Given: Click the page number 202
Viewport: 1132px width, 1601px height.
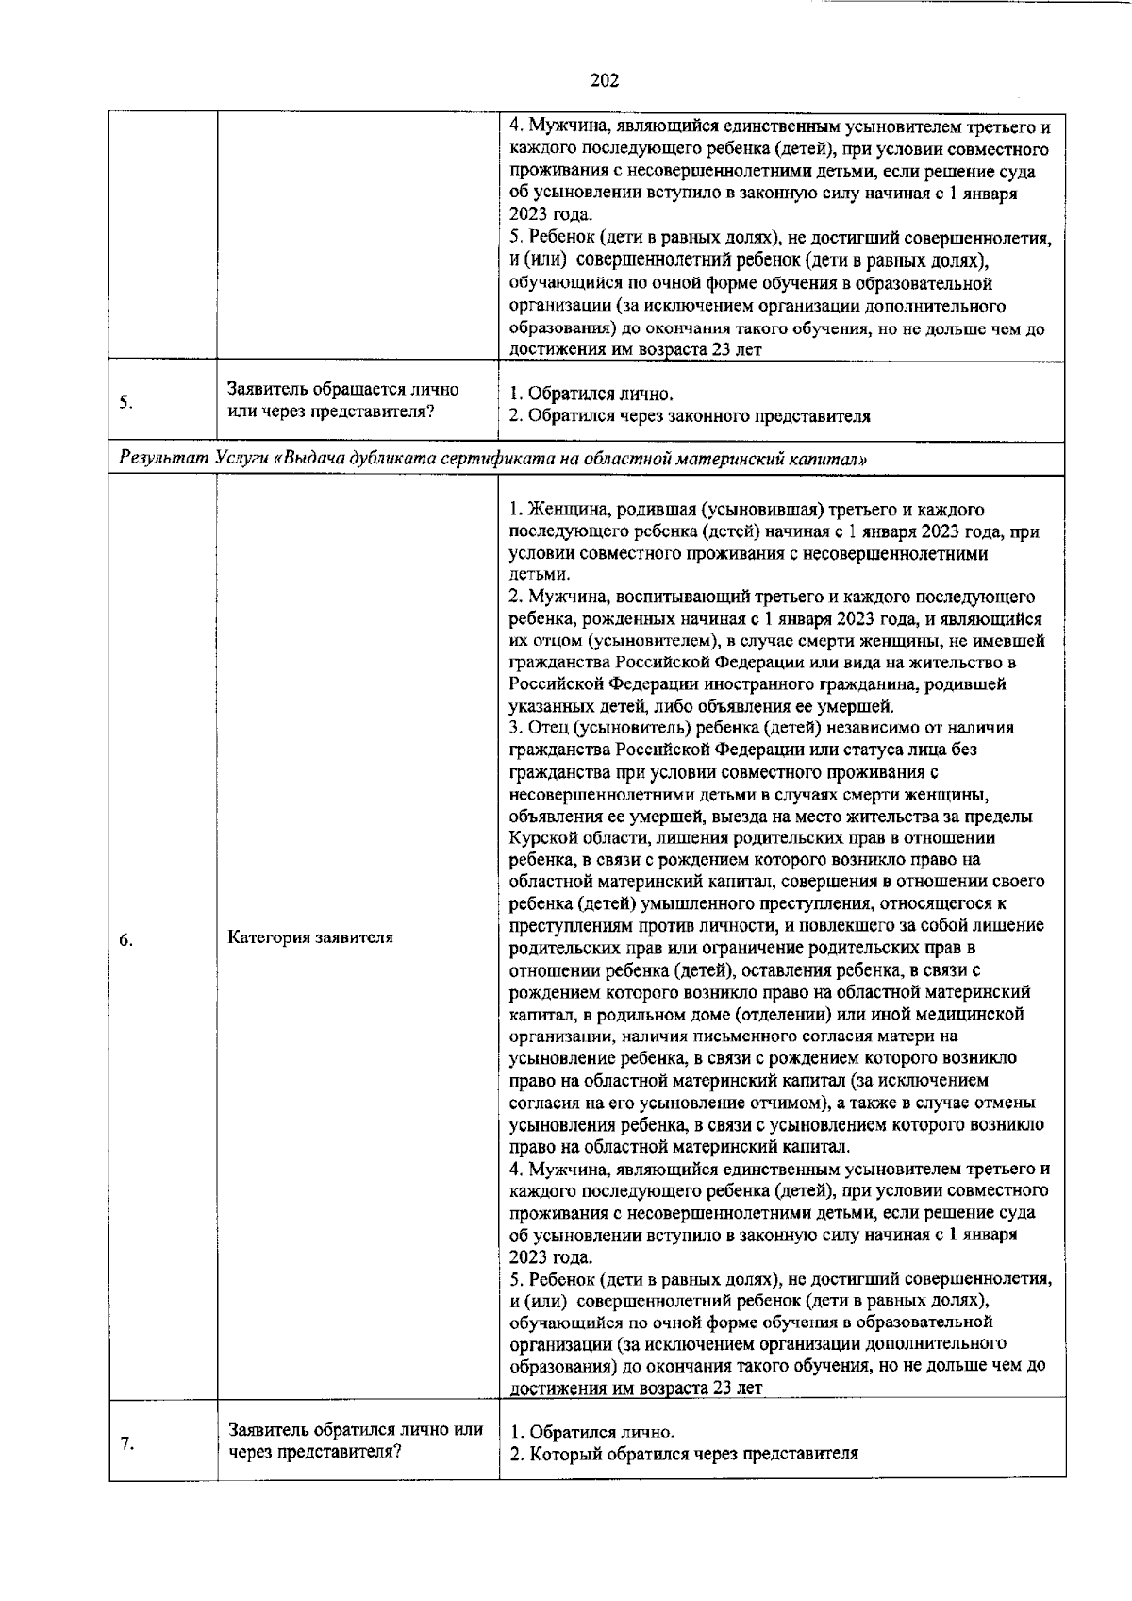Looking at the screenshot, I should click(x=604, y=80).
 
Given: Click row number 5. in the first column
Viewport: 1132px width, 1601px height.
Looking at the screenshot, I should click(x=125, y=403).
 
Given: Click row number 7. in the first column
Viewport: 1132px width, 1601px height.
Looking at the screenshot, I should click(x=125, y=1443).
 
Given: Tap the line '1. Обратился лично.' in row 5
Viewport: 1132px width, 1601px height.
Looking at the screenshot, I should click(x=591, y=394).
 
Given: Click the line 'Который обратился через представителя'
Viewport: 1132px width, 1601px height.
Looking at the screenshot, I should click(x=693, y=1454).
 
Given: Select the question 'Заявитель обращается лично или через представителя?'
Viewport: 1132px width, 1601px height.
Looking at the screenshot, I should click(x=343, y=401).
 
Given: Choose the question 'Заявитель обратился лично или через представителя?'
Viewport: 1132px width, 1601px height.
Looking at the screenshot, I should click(x=356, y=1441).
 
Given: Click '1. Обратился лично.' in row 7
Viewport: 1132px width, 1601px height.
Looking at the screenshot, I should click(x=591, y=1431).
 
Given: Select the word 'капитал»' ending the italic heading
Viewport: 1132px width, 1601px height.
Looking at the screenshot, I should click(x=836, y=458).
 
